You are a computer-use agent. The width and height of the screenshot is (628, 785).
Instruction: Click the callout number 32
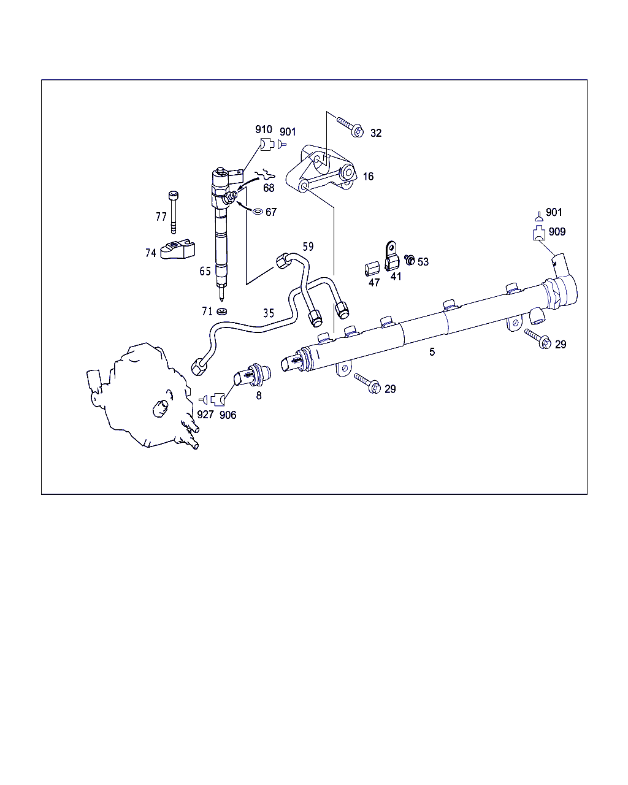coord(376,133)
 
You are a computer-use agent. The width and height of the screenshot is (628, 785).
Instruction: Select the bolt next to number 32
coord(350,126)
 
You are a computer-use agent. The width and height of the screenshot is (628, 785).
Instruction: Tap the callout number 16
coord(368,177)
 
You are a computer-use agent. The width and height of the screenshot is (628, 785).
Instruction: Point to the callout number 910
coord(264,129)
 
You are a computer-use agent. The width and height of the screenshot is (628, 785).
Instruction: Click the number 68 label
coord(269,188)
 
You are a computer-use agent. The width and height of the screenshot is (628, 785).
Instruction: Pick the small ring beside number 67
coord(258,211)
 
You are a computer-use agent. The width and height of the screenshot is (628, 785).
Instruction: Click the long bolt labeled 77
coord(174,212)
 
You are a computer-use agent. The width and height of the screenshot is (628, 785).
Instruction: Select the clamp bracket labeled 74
coord(178,250)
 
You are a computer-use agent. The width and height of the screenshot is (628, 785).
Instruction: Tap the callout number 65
coord(205,271)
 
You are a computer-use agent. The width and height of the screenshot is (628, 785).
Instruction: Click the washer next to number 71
coord(221,312)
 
